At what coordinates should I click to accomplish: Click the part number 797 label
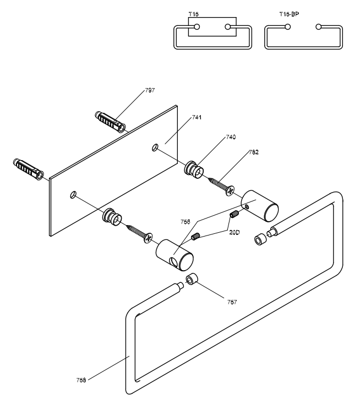(x=150, y=90)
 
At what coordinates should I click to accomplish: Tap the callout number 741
(x=197, y=118)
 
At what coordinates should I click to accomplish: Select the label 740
(x=231, y=137)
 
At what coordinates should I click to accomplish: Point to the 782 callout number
(x=254, y=152)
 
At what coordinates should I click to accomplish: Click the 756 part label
(x=186, y=222)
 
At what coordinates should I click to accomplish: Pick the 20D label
(x=234, y=233)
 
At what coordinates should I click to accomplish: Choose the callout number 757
(x=232, y=302)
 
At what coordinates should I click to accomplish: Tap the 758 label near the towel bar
(x=81, y=380)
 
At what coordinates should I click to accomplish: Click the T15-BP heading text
(x=289, y=14)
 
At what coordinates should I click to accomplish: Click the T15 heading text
(x=194, y=14)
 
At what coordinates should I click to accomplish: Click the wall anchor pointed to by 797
(x=110, y=122)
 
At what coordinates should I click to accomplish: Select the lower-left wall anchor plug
(x=28, y=169)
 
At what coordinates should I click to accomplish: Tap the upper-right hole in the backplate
(x=155, y=147)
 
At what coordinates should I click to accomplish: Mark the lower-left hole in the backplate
(x=73, y=194)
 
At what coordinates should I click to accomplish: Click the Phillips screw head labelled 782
(x=230, y=190)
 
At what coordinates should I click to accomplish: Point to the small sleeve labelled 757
(x=192, y=279)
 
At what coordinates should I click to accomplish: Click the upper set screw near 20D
(x=234, y=214)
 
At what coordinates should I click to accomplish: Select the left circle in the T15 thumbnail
(x=197, y=27)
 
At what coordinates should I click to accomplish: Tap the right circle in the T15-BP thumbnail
(x=319, y=27)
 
